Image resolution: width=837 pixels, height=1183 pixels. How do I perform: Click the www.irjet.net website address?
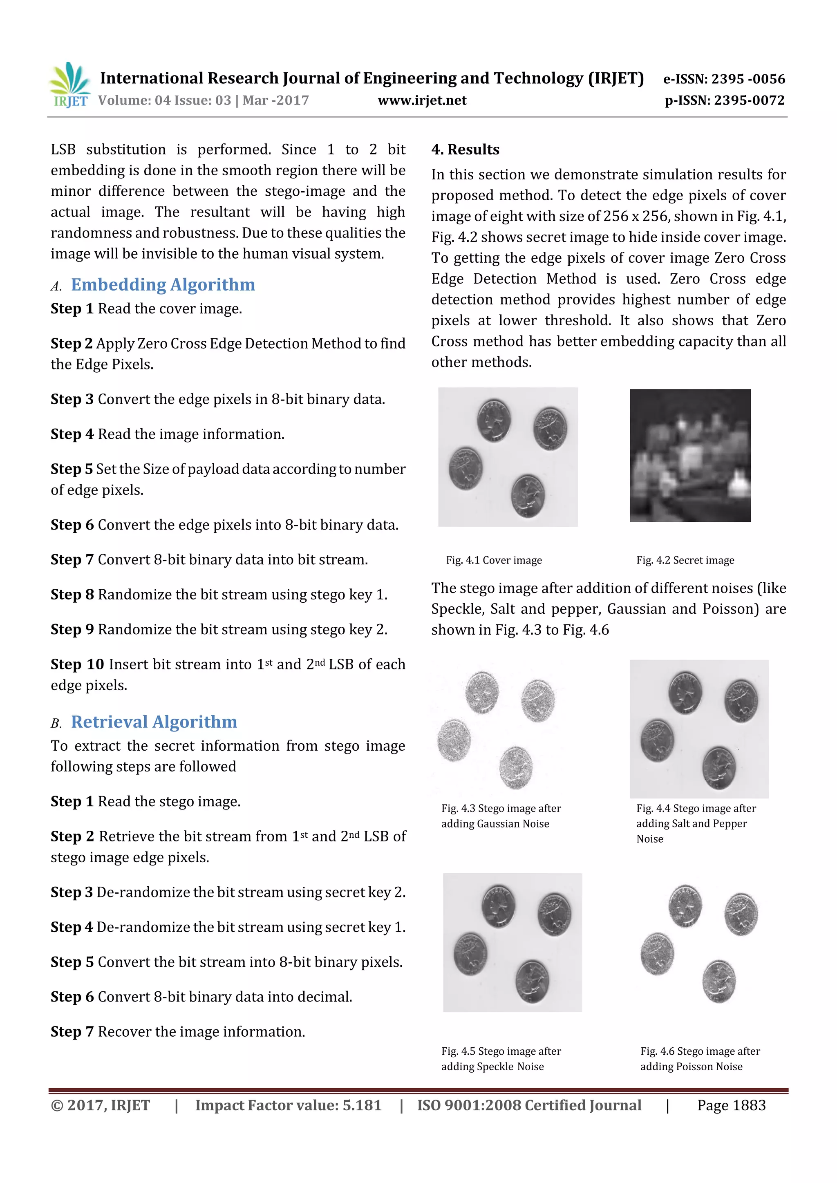click(x=422, y=101)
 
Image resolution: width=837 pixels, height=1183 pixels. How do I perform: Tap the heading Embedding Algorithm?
click(x=163, y=285)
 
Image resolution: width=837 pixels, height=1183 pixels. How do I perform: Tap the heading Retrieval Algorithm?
click(x=154, y=722)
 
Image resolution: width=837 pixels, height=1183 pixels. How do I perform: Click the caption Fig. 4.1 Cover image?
click(x=494, y=560)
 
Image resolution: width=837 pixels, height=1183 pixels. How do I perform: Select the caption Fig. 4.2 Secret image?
click(x=685, y=560)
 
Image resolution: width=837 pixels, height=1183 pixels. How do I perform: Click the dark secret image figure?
click(x=690, y=456)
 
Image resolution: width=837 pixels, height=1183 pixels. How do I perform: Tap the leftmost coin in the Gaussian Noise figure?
click(x=454, y=740)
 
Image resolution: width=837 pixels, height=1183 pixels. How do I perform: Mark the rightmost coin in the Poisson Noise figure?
click(x=741, y=915)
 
